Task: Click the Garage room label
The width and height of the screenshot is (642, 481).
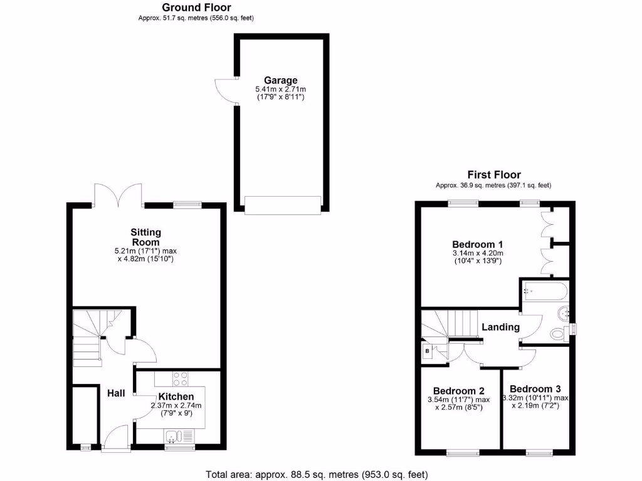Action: tap(280, 80)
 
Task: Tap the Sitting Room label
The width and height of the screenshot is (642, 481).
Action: tap(145, 237)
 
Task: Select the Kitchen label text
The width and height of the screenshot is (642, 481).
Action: tap(176, 396)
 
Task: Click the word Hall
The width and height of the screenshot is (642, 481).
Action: tap(115, 393)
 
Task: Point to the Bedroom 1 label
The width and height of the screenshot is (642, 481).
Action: tap(478, 244)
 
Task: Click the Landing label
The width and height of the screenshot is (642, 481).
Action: tap(500, 327)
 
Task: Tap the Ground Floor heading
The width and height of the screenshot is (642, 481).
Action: tap(196, 8)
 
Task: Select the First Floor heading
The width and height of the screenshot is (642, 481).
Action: tap(493, 175)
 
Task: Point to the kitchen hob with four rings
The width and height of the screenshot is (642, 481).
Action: tap(181, 378)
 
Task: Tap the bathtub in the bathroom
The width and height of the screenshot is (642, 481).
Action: tap(544, 291)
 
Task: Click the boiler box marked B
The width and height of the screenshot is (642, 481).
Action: tap(428, 351)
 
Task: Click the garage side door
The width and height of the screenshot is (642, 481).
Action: tap(224, 91)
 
